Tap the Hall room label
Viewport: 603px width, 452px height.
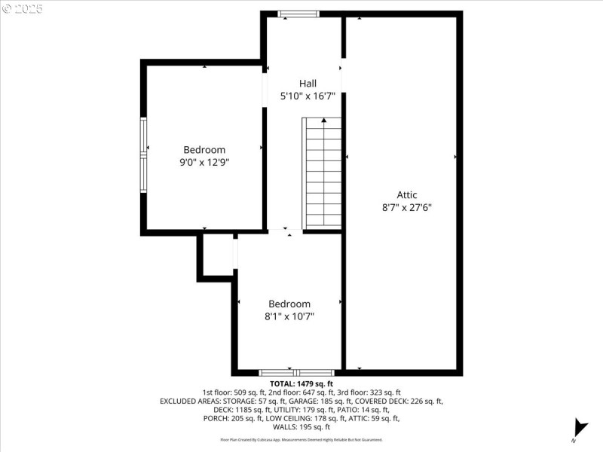point(308,84)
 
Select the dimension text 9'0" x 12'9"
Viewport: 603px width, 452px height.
point(204,162)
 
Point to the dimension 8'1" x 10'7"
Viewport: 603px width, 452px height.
point(289,316)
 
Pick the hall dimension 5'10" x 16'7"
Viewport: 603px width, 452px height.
point(308,96)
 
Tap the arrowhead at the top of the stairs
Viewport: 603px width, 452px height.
point(324,119)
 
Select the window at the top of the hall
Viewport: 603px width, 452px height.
point(298,14)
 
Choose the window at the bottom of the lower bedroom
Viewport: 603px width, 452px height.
point(296,372)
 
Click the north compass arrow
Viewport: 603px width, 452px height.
point(579,426)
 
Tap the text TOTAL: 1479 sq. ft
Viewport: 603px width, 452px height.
point(301,383)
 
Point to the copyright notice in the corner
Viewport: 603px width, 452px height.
point(22,8)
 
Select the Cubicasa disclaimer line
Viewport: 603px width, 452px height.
point(301,439)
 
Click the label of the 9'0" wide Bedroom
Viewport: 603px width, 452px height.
point(204,150)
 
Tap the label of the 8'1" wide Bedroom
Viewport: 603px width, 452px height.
point(289,304)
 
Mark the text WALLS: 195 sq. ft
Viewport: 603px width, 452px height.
point(301,426)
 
